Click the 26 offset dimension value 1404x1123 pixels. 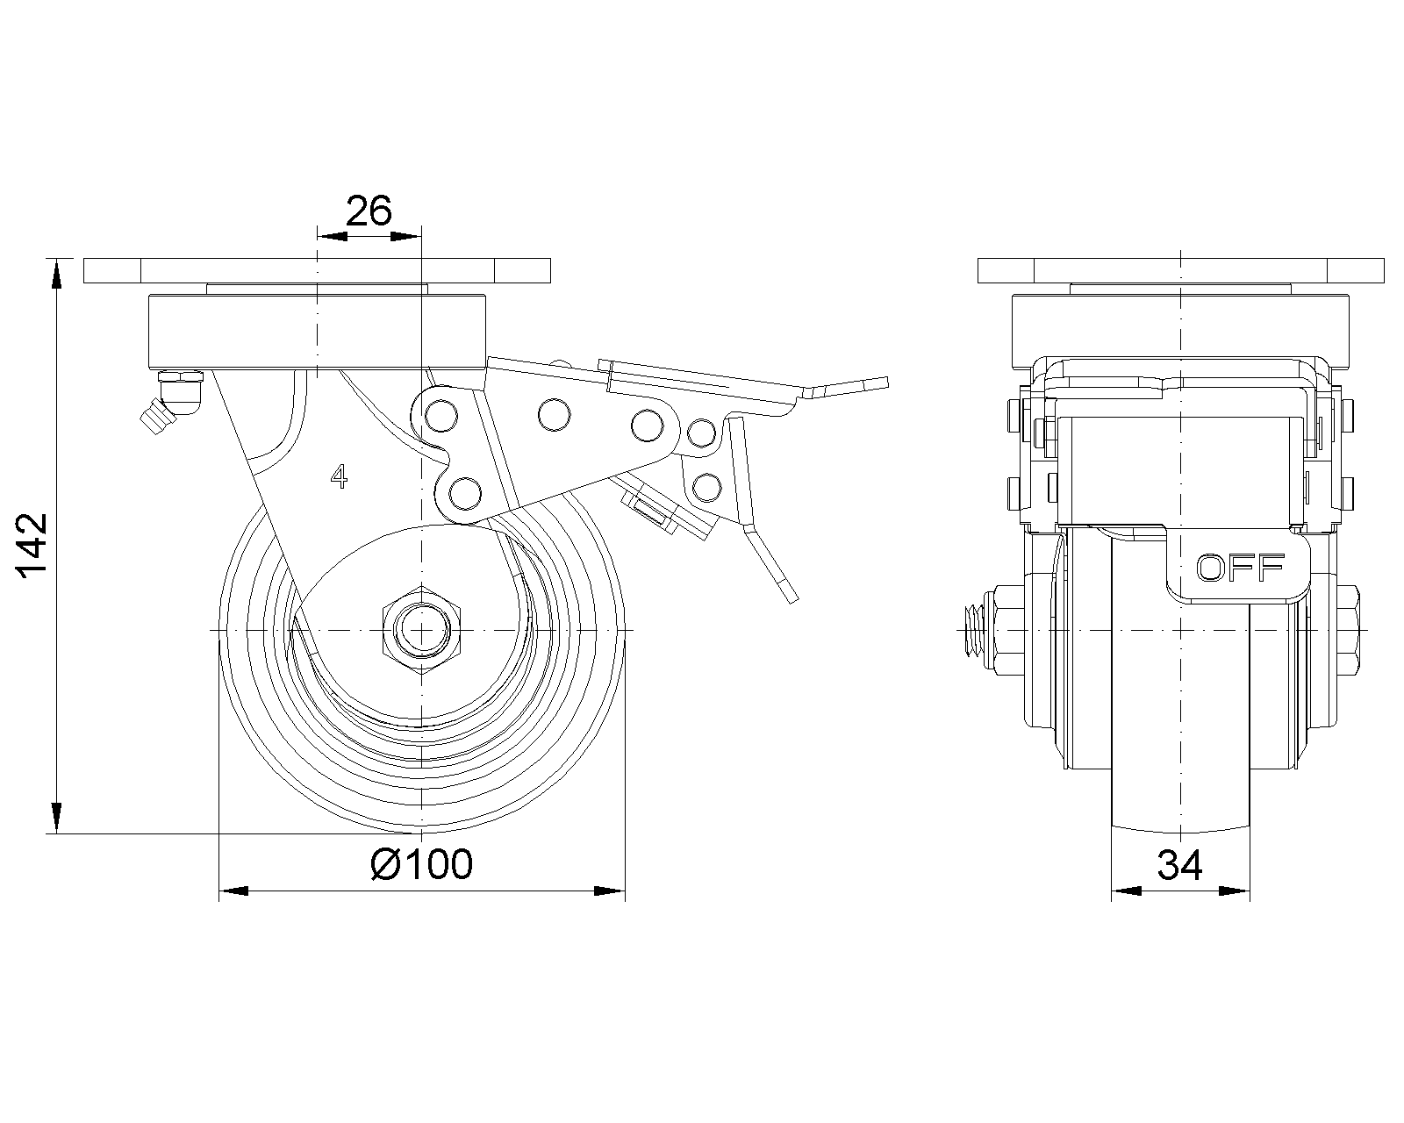tap(368, 211)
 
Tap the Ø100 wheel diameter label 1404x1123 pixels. tap(422, 864)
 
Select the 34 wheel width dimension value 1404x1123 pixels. tap(1180, 866)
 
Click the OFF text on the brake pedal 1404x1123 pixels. tap(1241, 569)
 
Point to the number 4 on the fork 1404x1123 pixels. tap(340, 477)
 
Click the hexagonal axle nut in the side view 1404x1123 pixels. tap(422, 630)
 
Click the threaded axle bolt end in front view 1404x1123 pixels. tap(971, 630)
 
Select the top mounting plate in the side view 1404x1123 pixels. tap(317, 270)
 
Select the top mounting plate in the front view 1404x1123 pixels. tap(1181, 270)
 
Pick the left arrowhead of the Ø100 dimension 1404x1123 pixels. tap(233, 891)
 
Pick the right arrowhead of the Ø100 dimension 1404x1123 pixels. tap(609, 891)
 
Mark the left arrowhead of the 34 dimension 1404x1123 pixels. tap(1126, 892)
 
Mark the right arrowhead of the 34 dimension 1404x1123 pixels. tap(1235, 892)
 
